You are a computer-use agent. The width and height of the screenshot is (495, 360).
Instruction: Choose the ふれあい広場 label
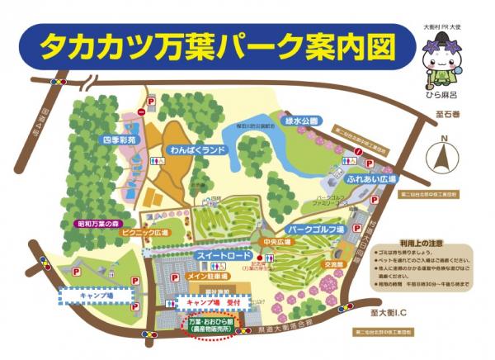pyautogui.click(x=372, y=178)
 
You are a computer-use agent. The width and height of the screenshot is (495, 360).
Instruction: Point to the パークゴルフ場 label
pyautogui.click(x=314, y=226)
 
